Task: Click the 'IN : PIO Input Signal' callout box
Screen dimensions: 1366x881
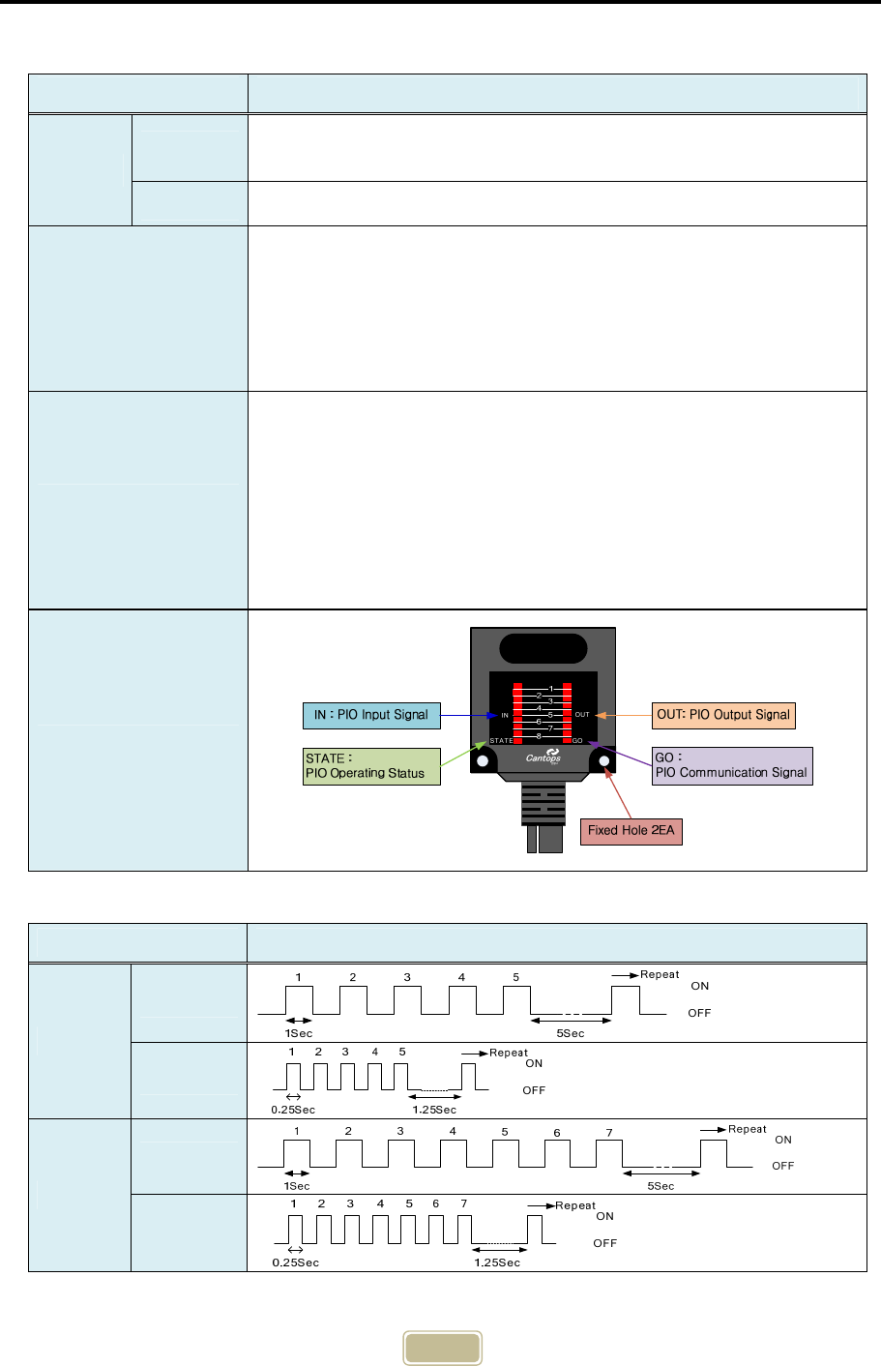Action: pyautogui.click(x=371, y=715)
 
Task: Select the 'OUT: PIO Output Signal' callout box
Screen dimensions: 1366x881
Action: pyautogui.click(x=723, y=715)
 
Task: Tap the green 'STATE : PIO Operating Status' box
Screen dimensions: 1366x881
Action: pyautogui.click(x=371, y=766)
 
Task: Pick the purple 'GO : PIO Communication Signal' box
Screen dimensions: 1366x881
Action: pyautogui.click(x=732, y=765)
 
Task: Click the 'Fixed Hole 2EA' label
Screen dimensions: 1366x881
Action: pyautogui.click(x=631, y=830)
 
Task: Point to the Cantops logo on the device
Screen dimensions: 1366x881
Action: pyautogui.click(x=543, y=756)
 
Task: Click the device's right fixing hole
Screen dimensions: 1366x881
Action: pyautogui.click(x=605, y=761)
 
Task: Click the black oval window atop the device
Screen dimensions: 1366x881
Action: pyautogui.click(x=543, y=648)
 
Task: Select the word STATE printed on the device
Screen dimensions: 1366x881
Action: pyautogui.click(x=501, y=741)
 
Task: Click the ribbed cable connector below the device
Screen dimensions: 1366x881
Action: pyautogui.click(x=543, y=803)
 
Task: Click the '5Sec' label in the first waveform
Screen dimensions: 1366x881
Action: pyautogui.click(x=573, y=1033)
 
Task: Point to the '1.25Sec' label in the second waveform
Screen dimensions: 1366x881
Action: pyautogui.click(x=434, y=1110)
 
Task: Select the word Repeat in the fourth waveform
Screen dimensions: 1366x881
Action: pyautogui.click(x=575, y=1205)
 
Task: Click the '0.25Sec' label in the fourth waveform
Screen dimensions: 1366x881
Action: pyautogui.click(x=294, y=1262)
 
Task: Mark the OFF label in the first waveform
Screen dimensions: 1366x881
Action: pyautogui.click(x=699, y=1013)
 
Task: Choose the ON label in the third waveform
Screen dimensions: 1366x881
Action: pyautogui.click(x=783, y=1140)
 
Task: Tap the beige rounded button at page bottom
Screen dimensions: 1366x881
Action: pyautogui.click(x=442, y=1349)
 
